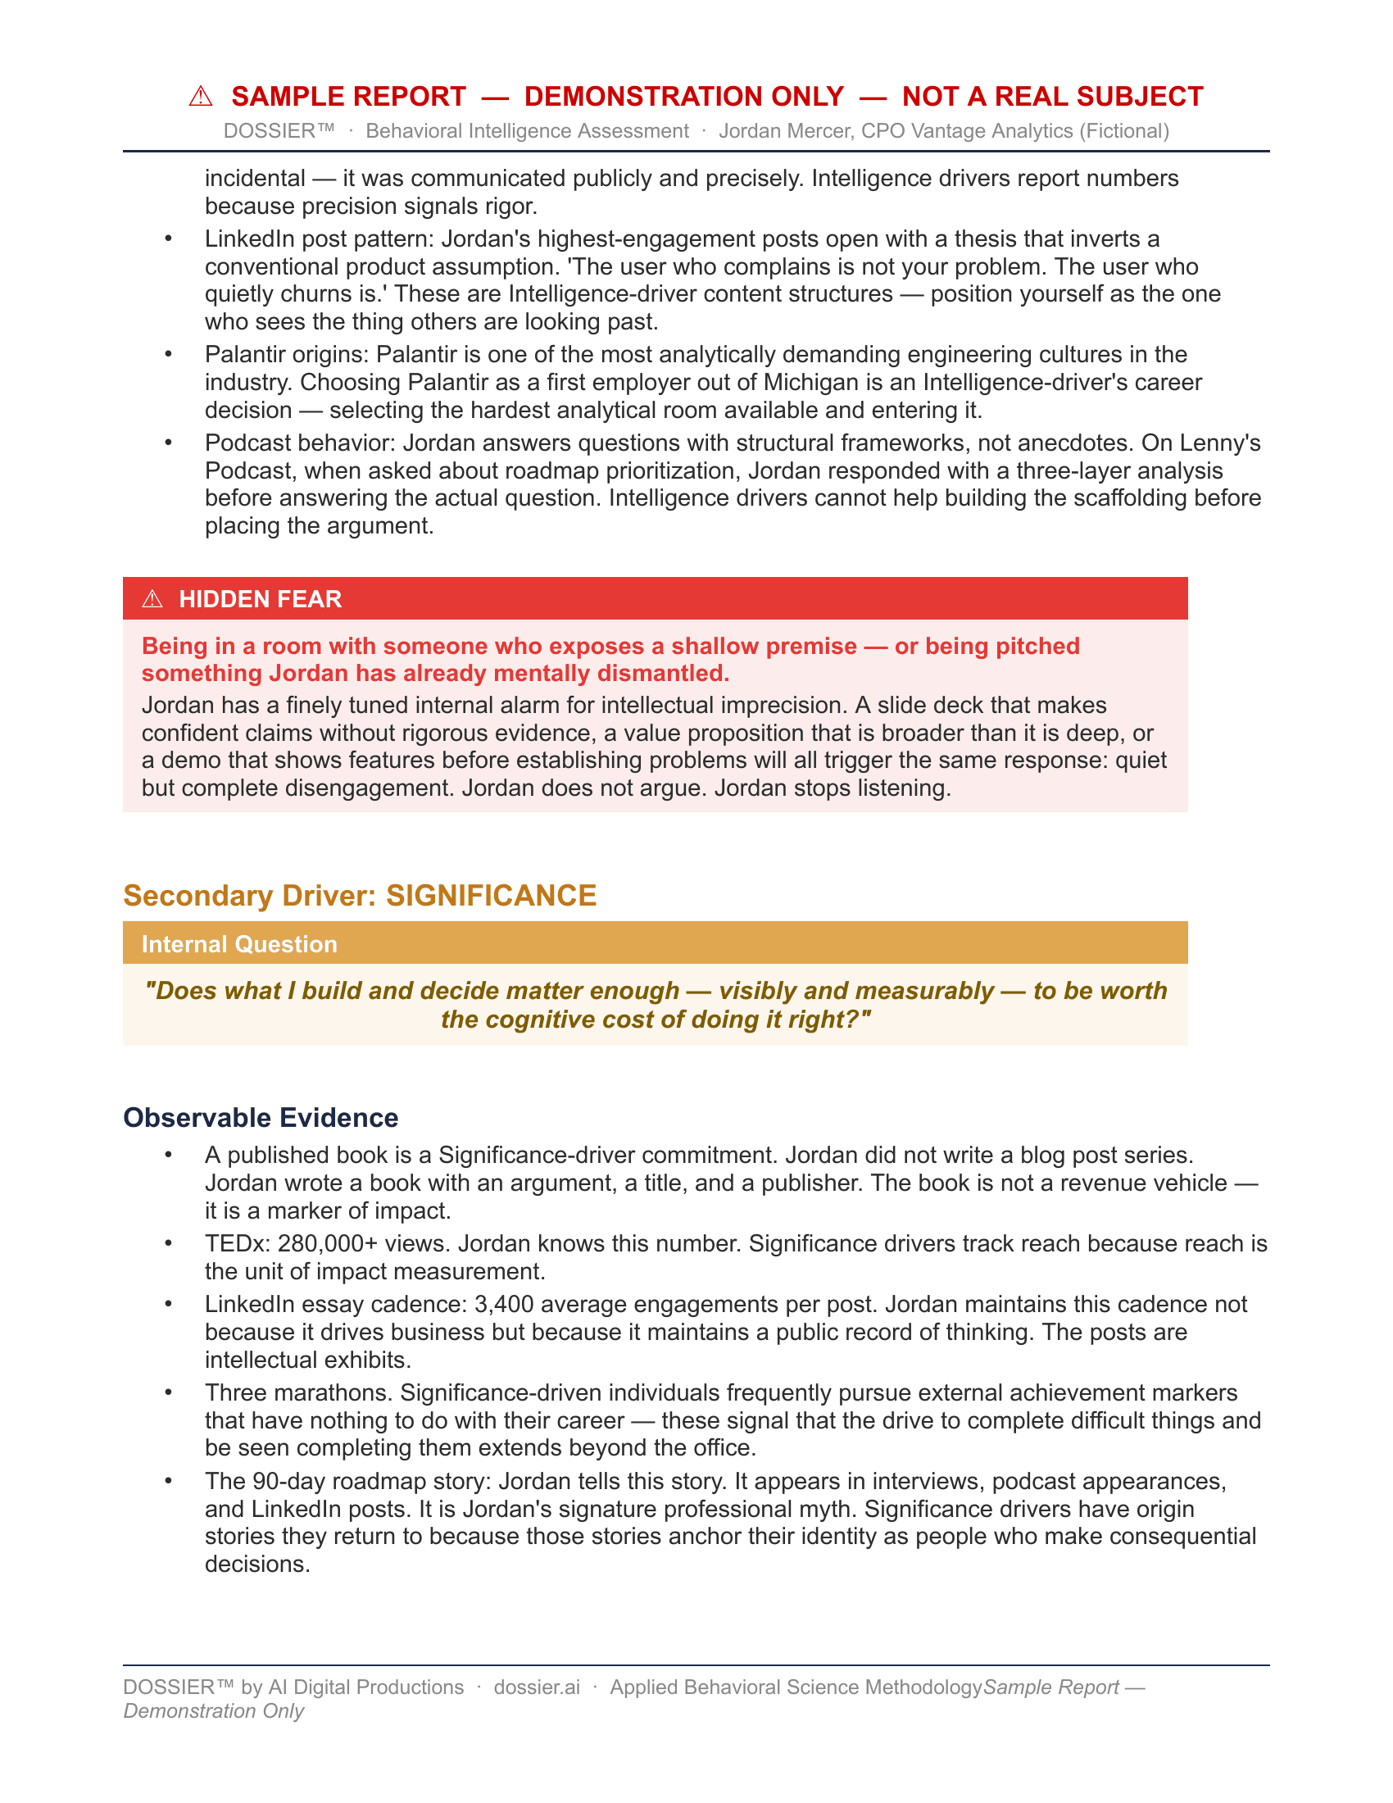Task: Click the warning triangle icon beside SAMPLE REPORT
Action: point(201,97)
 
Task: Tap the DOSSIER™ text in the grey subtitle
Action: point(279,131)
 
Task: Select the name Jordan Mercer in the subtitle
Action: point(785,131)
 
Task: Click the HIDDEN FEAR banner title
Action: point(260,599)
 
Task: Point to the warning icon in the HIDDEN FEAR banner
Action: point(152,599)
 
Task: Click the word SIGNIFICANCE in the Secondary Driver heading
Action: point(491,896)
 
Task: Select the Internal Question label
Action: point(239,944)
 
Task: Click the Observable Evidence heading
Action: point(261,1118)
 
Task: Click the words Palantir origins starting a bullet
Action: point(285,355)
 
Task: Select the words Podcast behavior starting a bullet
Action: point(301,443)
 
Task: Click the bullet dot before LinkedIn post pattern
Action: point(169,239)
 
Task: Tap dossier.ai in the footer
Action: point(537,1687)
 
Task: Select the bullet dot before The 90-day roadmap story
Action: point(169,1481)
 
